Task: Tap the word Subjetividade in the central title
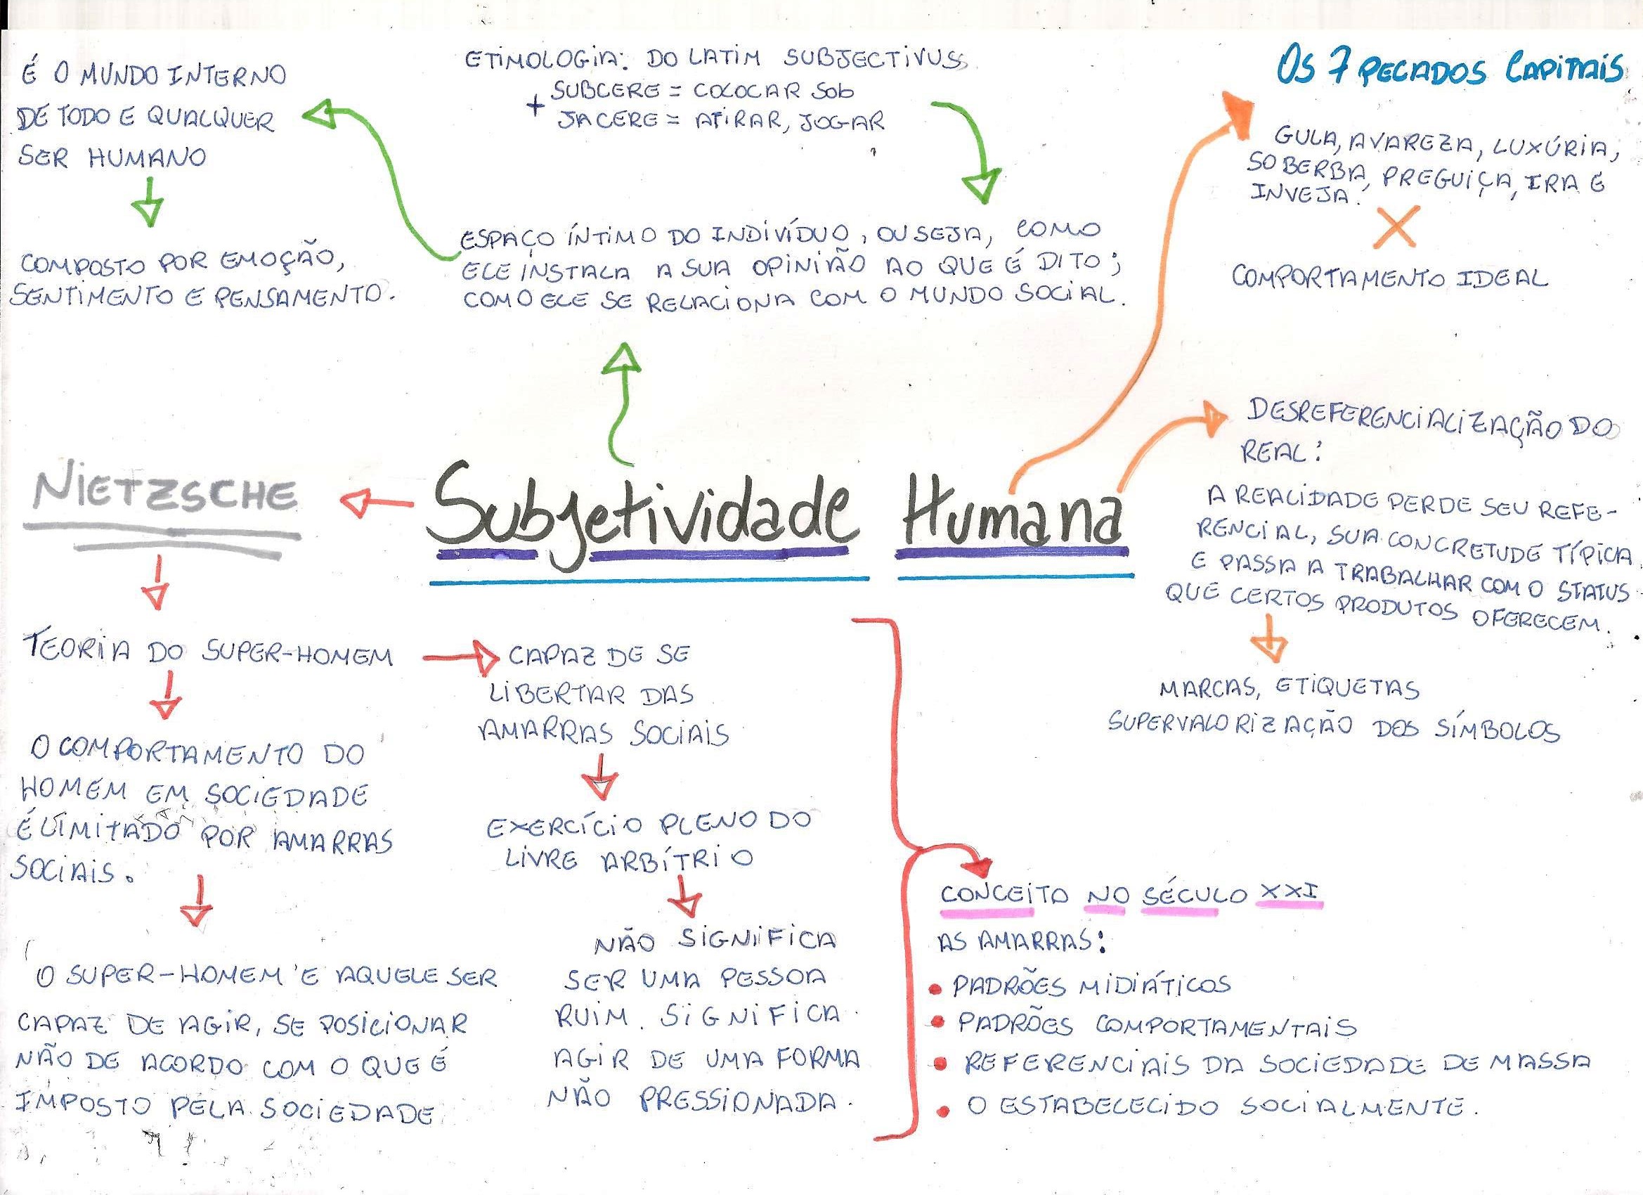coord(644,511)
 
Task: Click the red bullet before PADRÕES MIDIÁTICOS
coord(936,988)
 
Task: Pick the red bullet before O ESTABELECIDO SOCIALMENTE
coord(943,1109)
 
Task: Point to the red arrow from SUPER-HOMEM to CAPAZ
coord(461,658)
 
